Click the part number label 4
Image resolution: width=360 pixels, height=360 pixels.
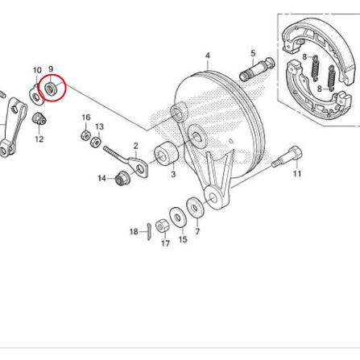pyautogui.click(x=208, y=56)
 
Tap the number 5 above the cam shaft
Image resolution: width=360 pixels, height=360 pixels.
pyautogui.click(x=253, y=53)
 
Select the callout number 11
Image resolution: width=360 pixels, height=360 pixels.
pyautogui.click(x=297, y=174)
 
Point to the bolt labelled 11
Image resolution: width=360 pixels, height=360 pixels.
pyautogui.click(x=287, y=156)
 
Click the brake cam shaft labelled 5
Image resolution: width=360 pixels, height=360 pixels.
pyautogui.click(x=257, y=69)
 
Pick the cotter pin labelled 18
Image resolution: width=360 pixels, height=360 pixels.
pyautogui.click(x=149, y=231)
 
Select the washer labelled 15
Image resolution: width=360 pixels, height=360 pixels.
pyautogui.click(x=178, y=217)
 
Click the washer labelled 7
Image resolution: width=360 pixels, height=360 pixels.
pyautogui.click(x=195, y=208)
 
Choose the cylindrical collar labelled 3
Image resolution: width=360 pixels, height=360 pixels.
pyautogui.click(x=166, y=155)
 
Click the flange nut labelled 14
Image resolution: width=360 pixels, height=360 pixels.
pyautogui.click(x=122, y=178)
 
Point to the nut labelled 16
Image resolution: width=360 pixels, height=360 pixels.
pyautogui.click(x=85, y=135)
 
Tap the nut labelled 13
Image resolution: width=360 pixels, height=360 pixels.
pyautogui.click(x=96, y=142)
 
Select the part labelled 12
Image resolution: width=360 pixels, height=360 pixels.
pyautogui.click(x=39, y=118)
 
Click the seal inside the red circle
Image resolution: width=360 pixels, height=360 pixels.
pyautogui.click(x=50, y=88)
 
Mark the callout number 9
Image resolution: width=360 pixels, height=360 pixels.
pyautogui.click(x=51, y=69)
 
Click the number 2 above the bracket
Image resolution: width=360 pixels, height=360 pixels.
pyautogui.click(x=135, y=146)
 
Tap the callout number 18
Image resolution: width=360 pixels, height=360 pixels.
pyautogui.click(x=134, y=231)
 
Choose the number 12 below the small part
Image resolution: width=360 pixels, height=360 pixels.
pyautogui.click(x=39, y=139)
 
